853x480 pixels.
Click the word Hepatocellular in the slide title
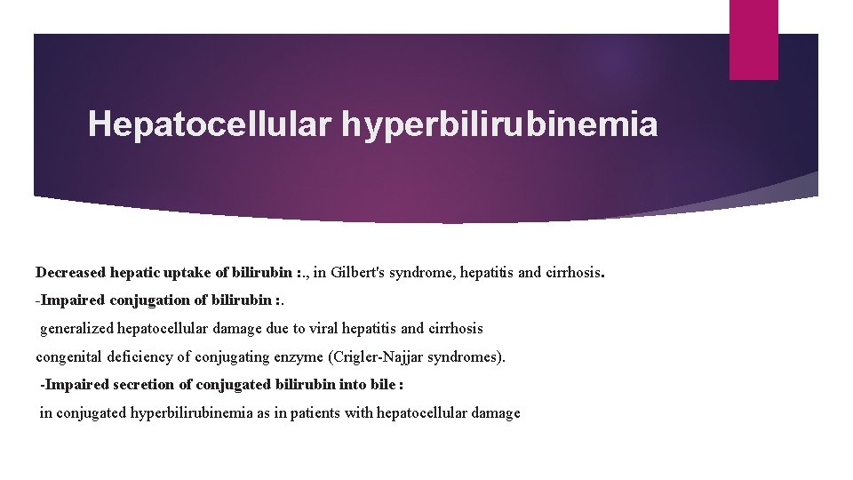(210, 124)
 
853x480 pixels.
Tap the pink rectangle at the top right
(753, 39)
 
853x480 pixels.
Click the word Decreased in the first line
(69, 271)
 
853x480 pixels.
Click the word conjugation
(145, 300)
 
